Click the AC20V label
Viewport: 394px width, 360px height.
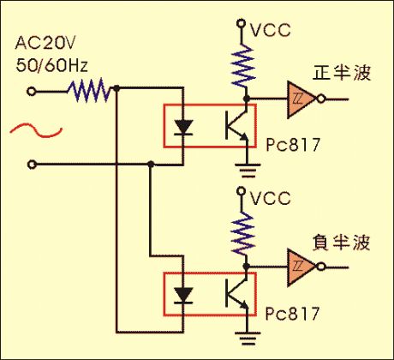(x=45, y=43)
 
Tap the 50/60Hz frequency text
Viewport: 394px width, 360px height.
(x=51, y=65)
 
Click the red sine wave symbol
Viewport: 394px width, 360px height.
(x=36, y=130)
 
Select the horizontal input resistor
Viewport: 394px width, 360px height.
(x=88, y=91)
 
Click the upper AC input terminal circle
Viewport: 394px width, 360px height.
(x=32, y=92)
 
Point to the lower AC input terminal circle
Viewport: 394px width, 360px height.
(x=32, y=165)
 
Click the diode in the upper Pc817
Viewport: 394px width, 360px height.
(x=183, y=128)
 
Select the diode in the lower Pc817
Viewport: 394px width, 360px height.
(x=183, y=296)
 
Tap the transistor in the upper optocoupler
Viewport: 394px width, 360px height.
(x=236, y=125)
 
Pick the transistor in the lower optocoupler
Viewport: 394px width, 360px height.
(x=236, y=293)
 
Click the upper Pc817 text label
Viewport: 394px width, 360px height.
(x=292, y=145)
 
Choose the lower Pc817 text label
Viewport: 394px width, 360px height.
(x=292, y=314)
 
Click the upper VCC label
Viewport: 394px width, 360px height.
(x=271, y=30)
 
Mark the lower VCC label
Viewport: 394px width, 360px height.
(x=271, y=198)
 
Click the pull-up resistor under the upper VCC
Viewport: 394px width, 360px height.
(x=243, y=66)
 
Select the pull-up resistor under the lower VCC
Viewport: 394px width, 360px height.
(x=243, y=234)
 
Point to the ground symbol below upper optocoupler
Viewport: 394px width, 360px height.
(x=248, y=171)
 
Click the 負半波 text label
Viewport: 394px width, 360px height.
(x=342, y=243)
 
